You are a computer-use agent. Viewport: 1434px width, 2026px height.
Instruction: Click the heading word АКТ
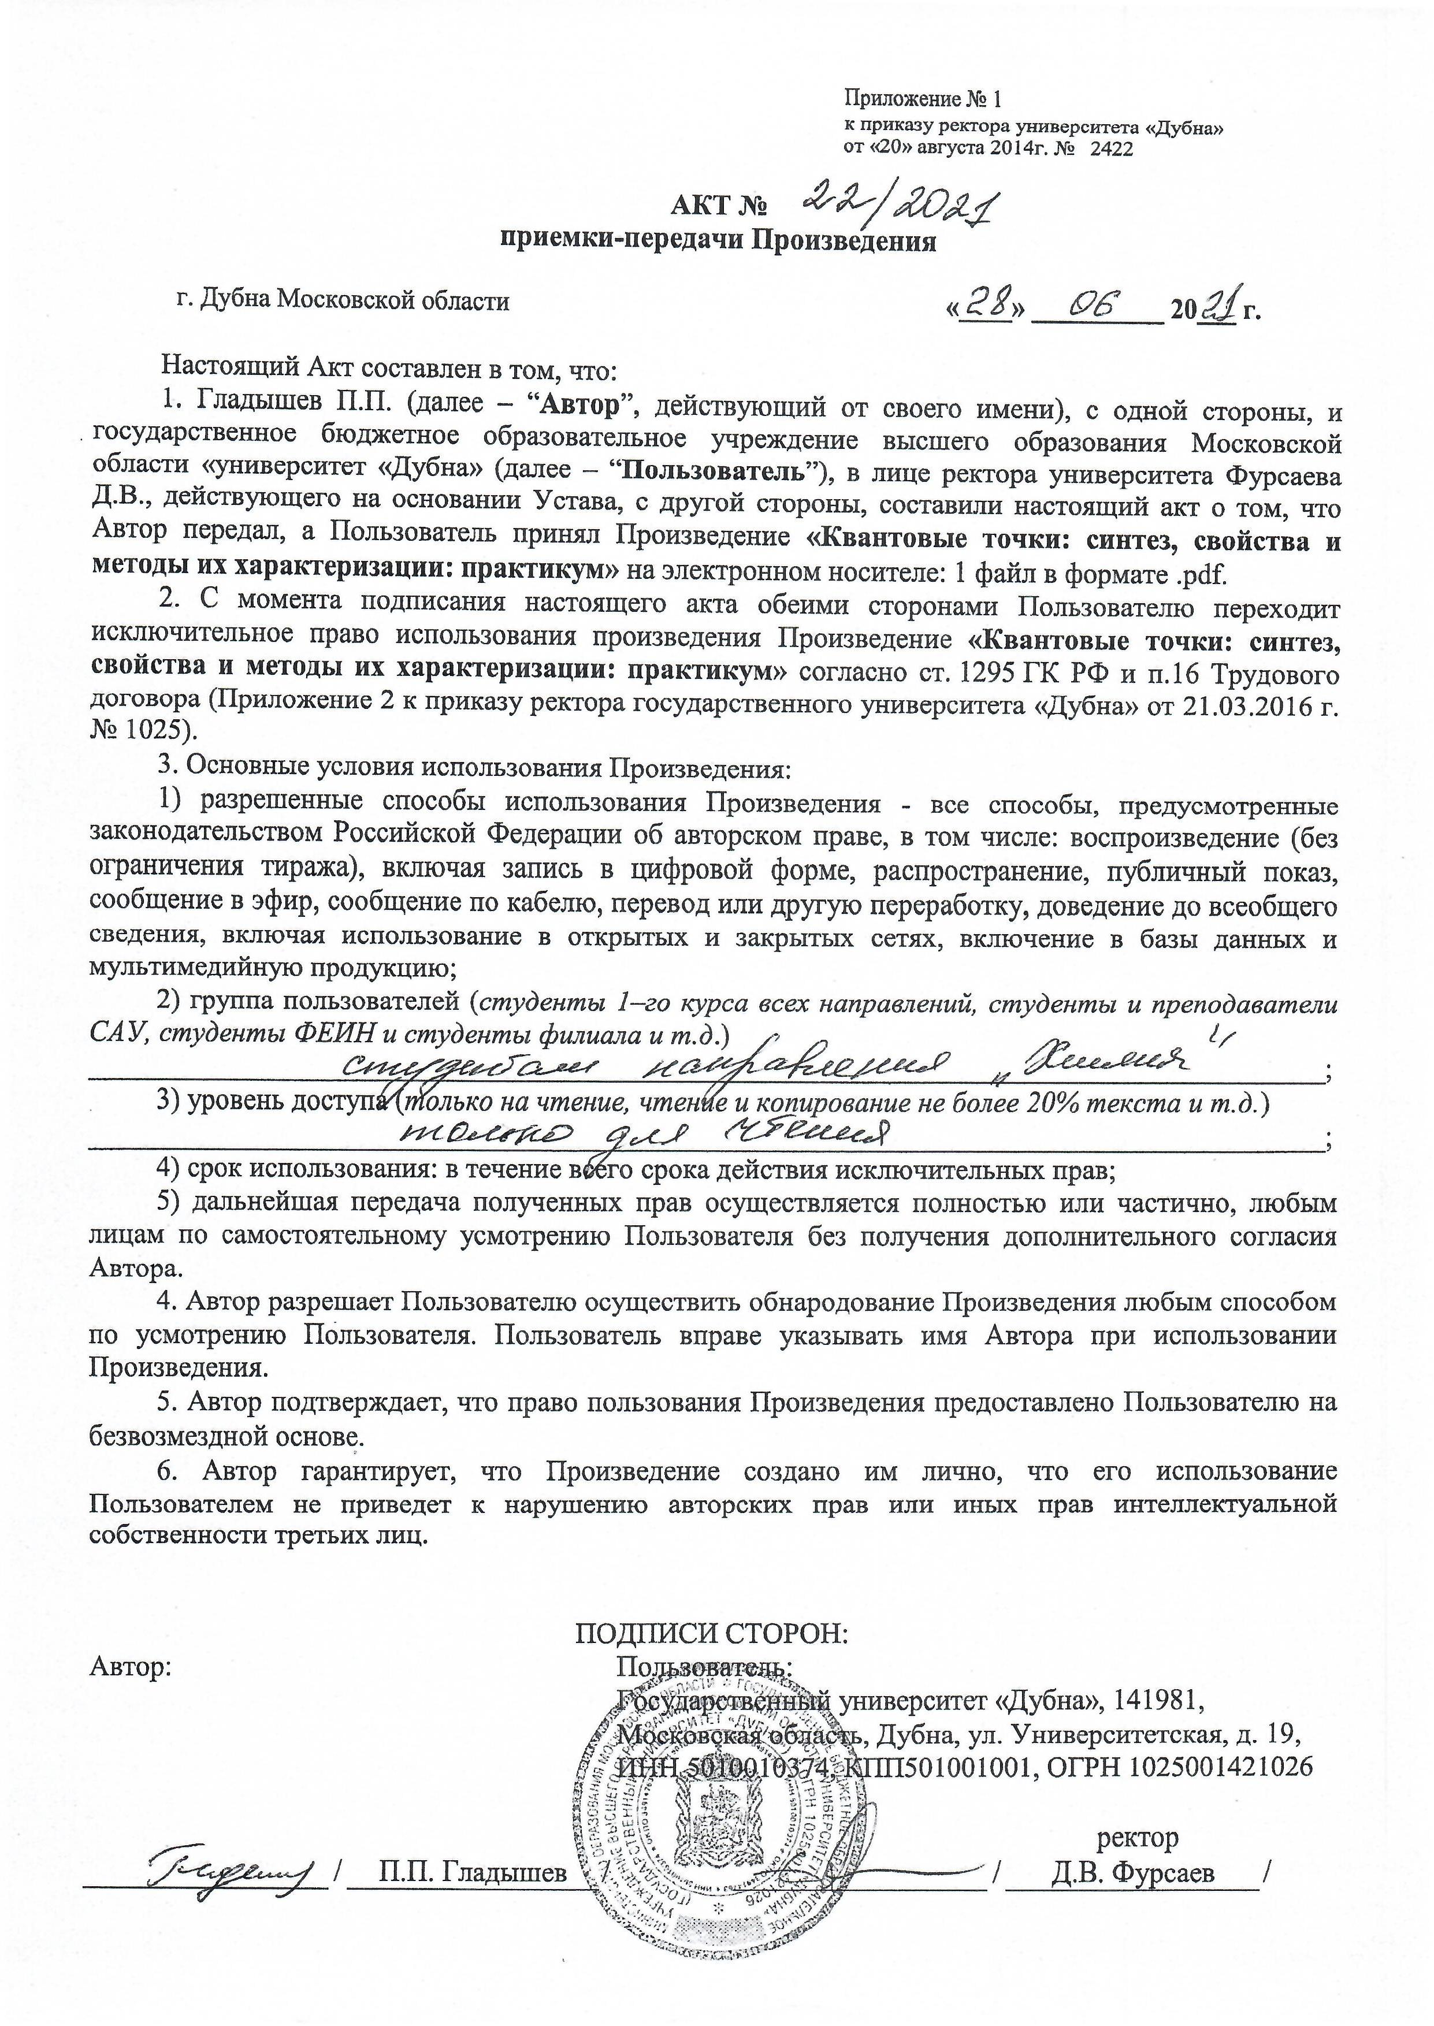[701, 207]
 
